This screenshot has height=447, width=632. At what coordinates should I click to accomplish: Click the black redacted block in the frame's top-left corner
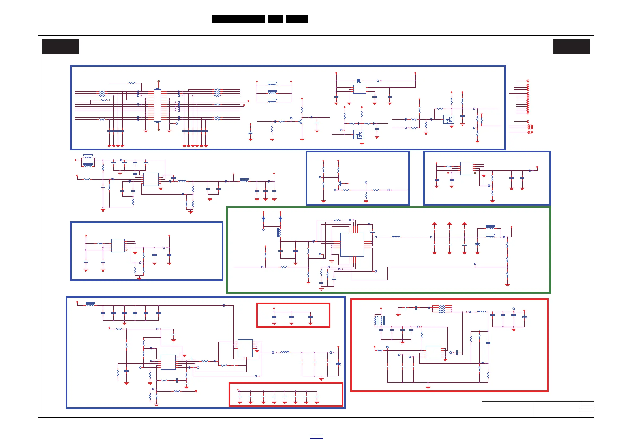(x=60, y=47)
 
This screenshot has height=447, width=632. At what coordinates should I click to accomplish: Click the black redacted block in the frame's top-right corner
(x=572, y=47)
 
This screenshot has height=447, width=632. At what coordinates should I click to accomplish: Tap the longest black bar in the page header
(x=238, y=19)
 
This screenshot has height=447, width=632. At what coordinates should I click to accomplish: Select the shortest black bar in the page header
(x=275, y=19)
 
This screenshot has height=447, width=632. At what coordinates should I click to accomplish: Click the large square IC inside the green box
(x=352, y=244)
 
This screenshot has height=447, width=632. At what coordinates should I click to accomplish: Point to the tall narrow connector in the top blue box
(x=157, y=105)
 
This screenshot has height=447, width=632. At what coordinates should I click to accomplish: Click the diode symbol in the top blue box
(x=359, y=81)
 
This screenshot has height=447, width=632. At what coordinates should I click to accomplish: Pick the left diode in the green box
(x=263, y=219)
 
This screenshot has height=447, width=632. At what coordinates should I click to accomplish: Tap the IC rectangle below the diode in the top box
(x=359, y=89)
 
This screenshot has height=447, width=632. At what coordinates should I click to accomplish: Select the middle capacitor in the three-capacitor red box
(x=291, y=318)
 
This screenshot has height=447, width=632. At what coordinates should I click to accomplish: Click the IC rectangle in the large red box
(x=433, y=353)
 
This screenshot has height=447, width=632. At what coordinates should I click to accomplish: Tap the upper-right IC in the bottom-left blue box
(x=245, y=348)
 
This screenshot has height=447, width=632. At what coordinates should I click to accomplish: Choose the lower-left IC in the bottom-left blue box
(x=168, y=362)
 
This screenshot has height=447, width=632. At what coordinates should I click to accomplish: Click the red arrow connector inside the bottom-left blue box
(x=196, y=391)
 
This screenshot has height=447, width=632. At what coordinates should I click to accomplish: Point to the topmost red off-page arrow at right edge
(x=528, y=81)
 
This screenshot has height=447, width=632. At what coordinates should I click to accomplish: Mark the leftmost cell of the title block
(x=507, y=409)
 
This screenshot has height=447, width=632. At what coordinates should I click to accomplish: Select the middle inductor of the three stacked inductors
(x=272, y=92)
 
